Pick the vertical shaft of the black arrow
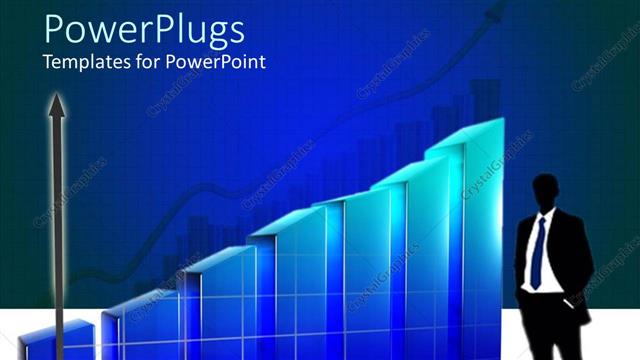58,230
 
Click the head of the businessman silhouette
546,192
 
